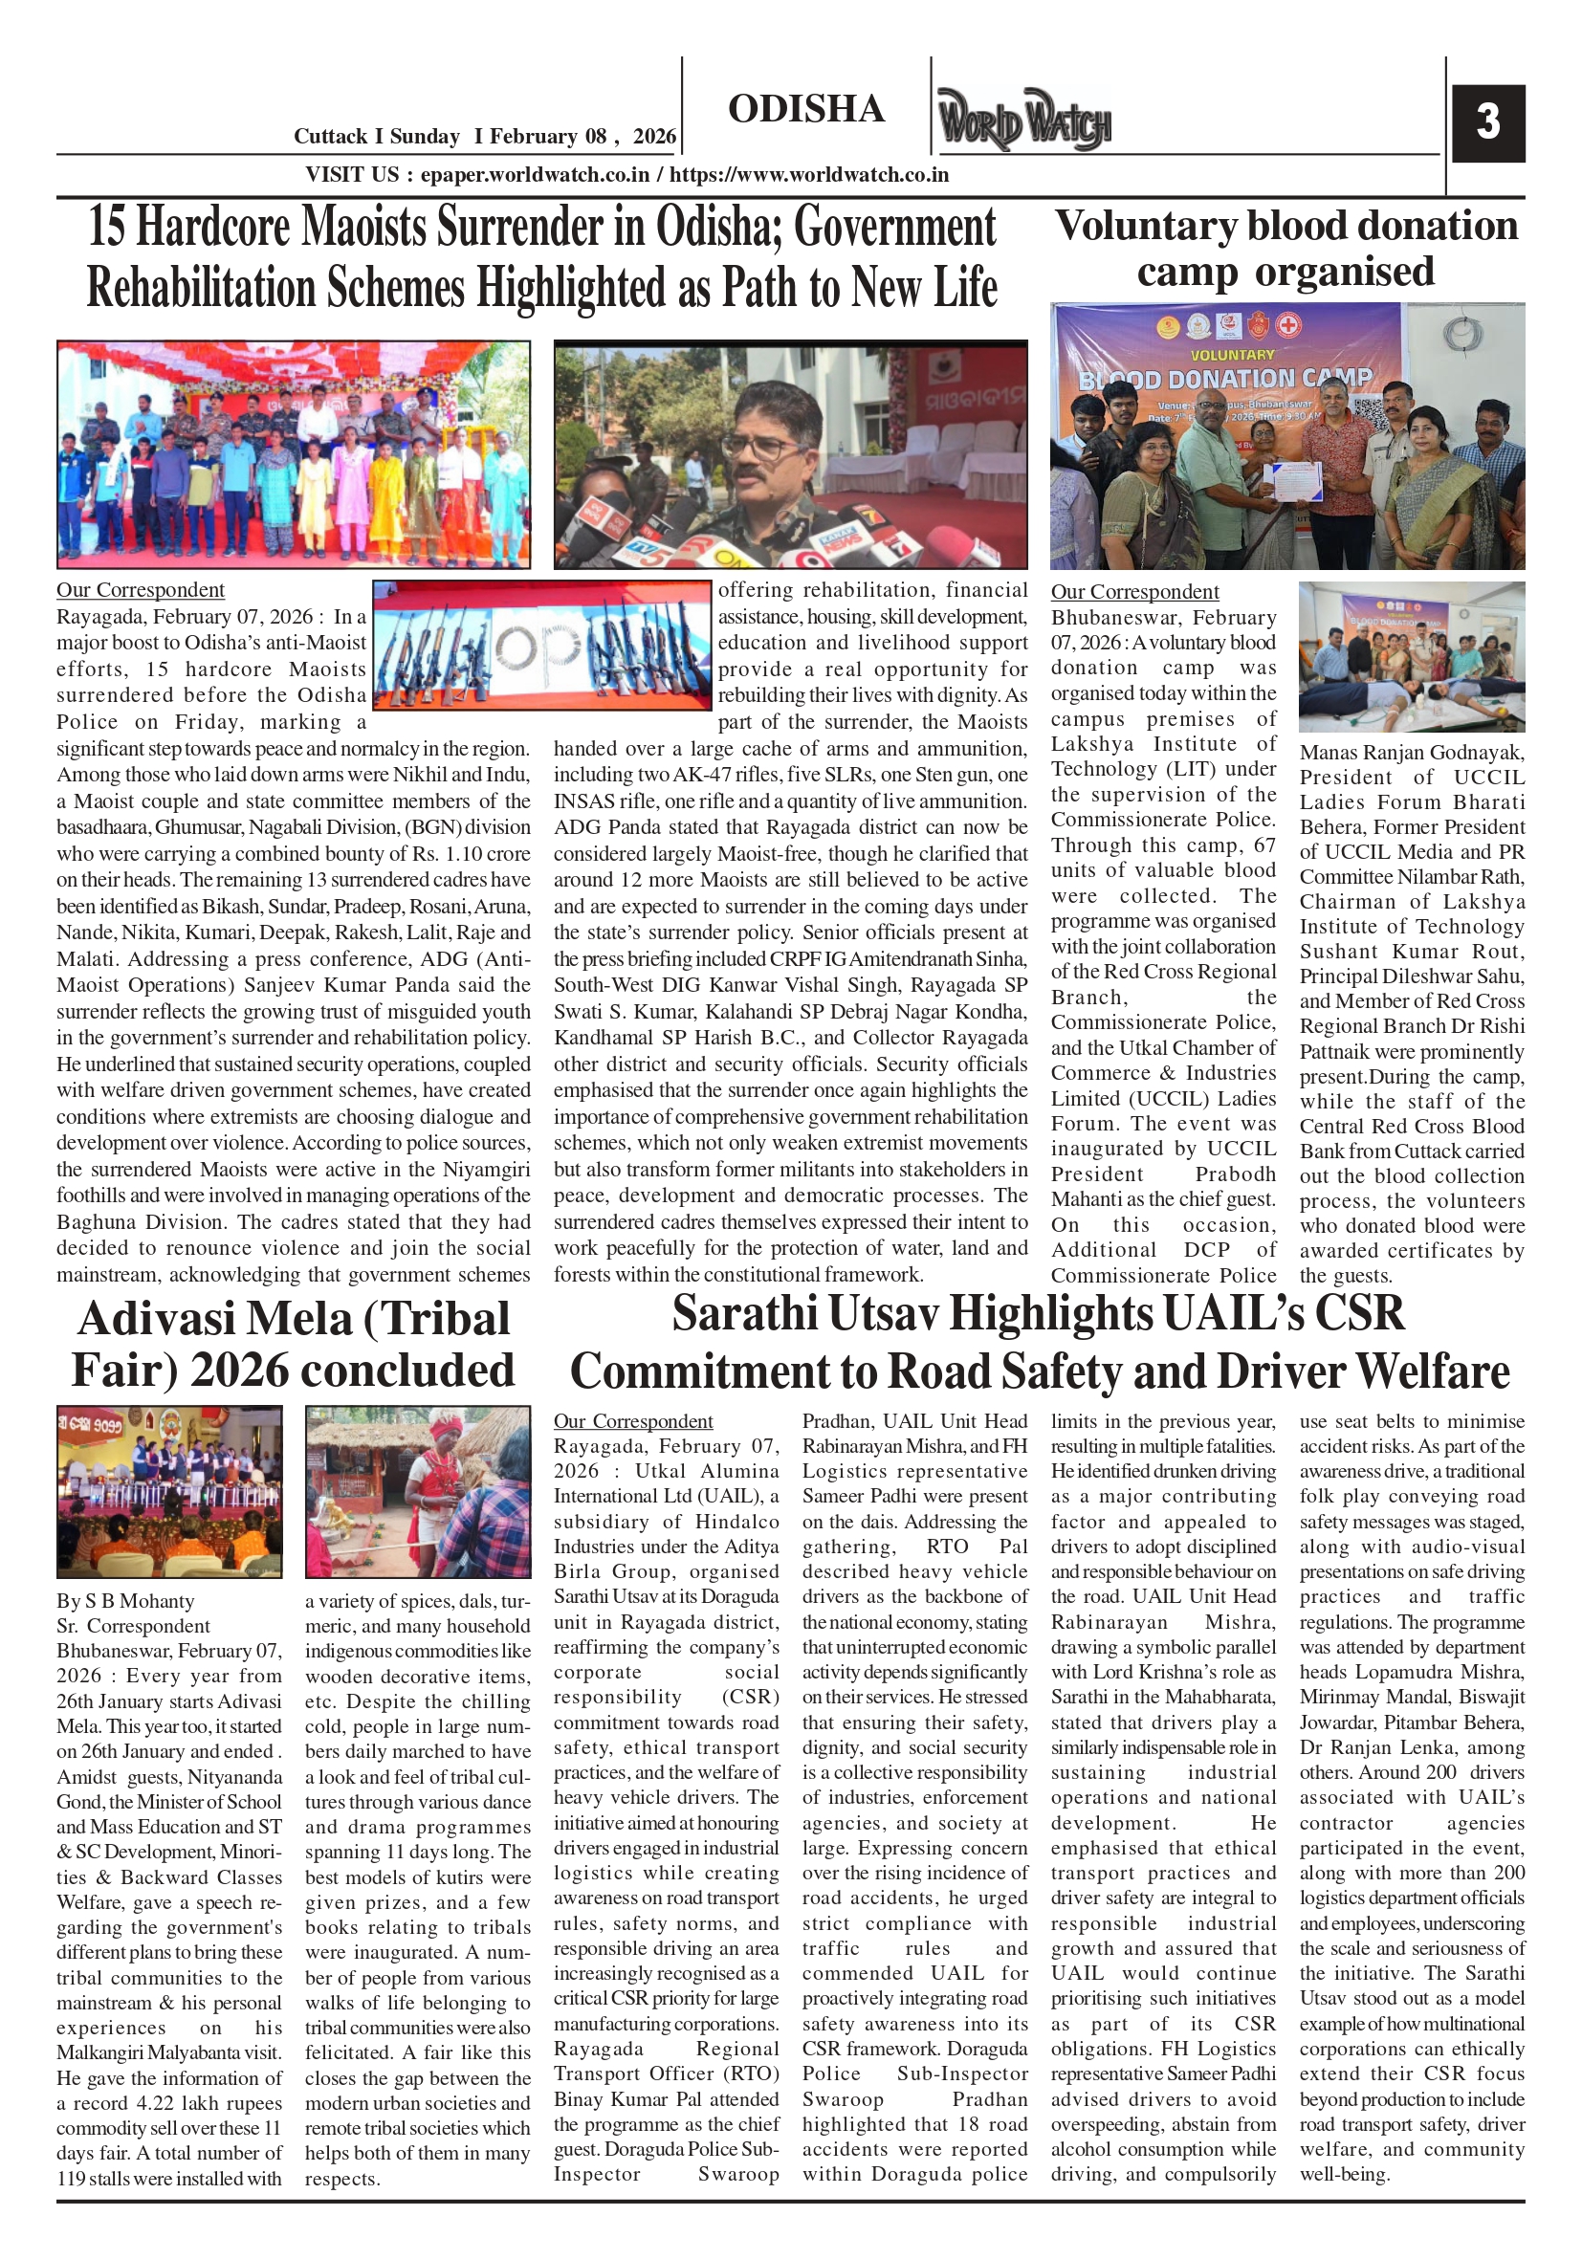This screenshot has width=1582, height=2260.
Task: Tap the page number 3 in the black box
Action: click(1487, 123)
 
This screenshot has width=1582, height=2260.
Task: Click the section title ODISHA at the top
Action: click(806, 109)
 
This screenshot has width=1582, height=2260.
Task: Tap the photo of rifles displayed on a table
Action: click(541, 645)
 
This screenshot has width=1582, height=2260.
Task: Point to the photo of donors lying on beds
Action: click(1411, 656)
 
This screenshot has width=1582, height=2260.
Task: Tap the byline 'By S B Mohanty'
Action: click(125, 1601)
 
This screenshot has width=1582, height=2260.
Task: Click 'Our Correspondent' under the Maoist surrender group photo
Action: click(140, 589)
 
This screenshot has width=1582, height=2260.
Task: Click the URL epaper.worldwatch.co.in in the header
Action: click(535, 175)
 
